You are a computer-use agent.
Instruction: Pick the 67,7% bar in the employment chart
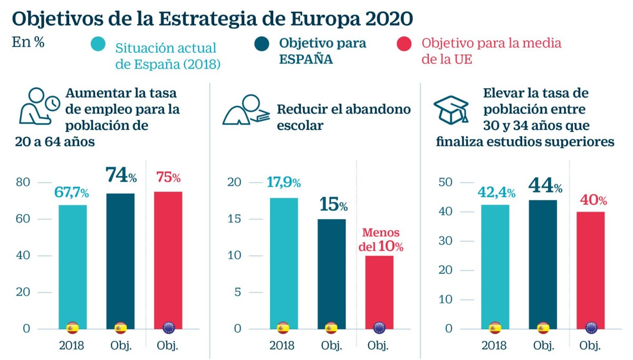coord(72,264)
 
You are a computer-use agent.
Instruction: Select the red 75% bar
coord(168,259)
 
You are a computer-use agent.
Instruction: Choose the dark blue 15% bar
coord(331,272)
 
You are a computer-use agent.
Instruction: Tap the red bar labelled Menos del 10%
coord(379,290)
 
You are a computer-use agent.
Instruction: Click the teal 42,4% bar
coord(495,264)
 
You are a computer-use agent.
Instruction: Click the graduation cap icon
coord(451,109)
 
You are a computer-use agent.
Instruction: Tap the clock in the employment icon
coord(52,104)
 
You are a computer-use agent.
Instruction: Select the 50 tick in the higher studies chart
coord(446,183)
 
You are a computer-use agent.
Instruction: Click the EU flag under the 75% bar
coord(168,328)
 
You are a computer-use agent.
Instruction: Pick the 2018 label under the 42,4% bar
coord(494,346)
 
